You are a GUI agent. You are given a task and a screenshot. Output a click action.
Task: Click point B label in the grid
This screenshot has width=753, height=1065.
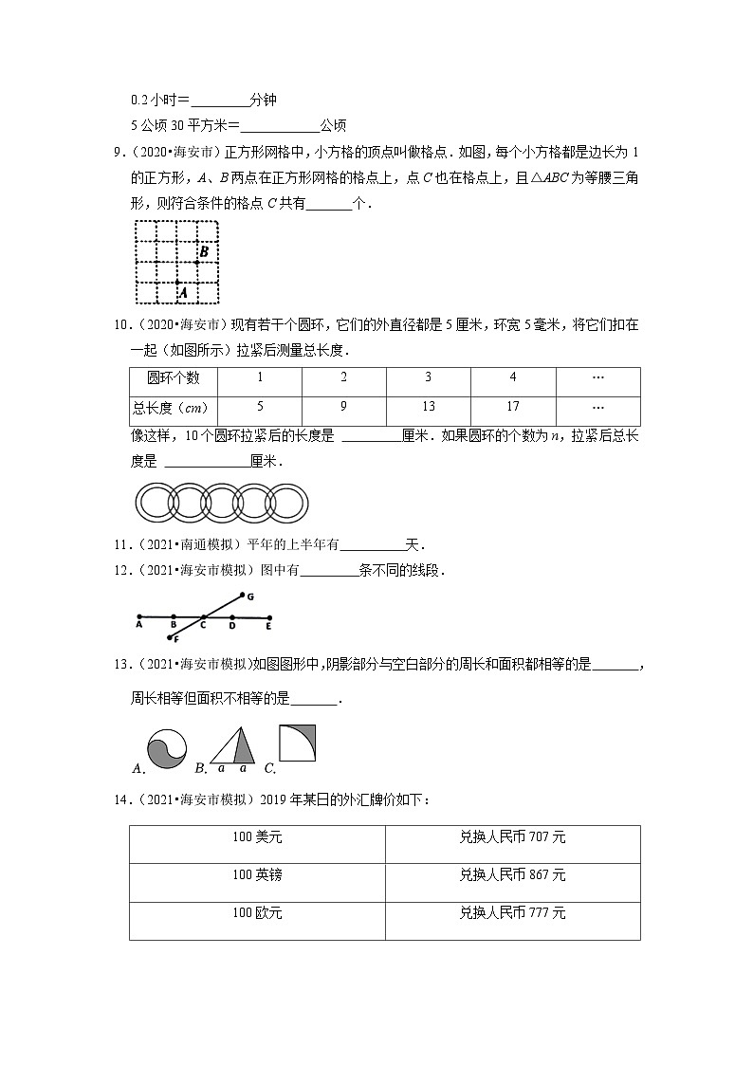click(204, 251)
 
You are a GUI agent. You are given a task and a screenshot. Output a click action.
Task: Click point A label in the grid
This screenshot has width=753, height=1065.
click(182, 294)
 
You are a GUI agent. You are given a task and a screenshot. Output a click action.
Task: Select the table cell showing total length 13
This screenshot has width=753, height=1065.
click(428, 407)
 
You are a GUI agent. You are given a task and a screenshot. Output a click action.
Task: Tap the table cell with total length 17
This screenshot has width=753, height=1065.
click(512, 407)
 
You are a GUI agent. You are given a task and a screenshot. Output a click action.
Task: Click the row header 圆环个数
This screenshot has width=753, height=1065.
click(174, 377)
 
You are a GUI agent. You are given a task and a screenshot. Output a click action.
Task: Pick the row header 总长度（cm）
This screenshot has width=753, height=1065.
click(174, 408)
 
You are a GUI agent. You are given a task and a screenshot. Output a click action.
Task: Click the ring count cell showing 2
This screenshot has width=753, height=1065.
click(343, 377)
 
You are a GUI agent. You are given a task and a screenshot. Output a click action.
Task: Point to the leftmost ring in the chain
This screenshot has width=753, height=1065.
click(155, 500)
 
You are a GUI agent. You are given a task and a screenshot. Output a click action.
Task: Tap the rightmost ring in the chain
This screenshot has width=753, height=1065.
click(288, 500)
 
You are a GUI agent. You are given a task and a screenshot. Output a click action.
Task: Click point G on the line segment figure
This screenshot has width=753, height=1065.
click(248, 597)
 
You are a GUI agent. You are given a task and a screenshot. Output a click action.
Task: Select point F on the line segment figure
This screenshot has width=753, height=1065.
click(175, 640)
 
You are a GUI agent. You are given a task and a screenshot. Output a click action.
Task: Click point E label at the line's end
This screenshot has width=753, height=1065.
click(268, 625)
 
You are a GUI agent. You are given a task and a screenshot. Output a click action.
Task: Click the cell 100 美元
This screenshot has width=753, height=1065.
click(257, 836)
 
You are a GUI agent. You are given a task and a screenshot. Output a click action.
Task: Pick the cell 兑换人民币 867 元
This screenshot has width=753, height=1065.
click(512, 875)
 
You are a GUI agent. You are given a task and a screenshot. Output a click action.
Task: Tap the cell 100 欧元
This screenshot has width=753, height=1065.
click(257, 913)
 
